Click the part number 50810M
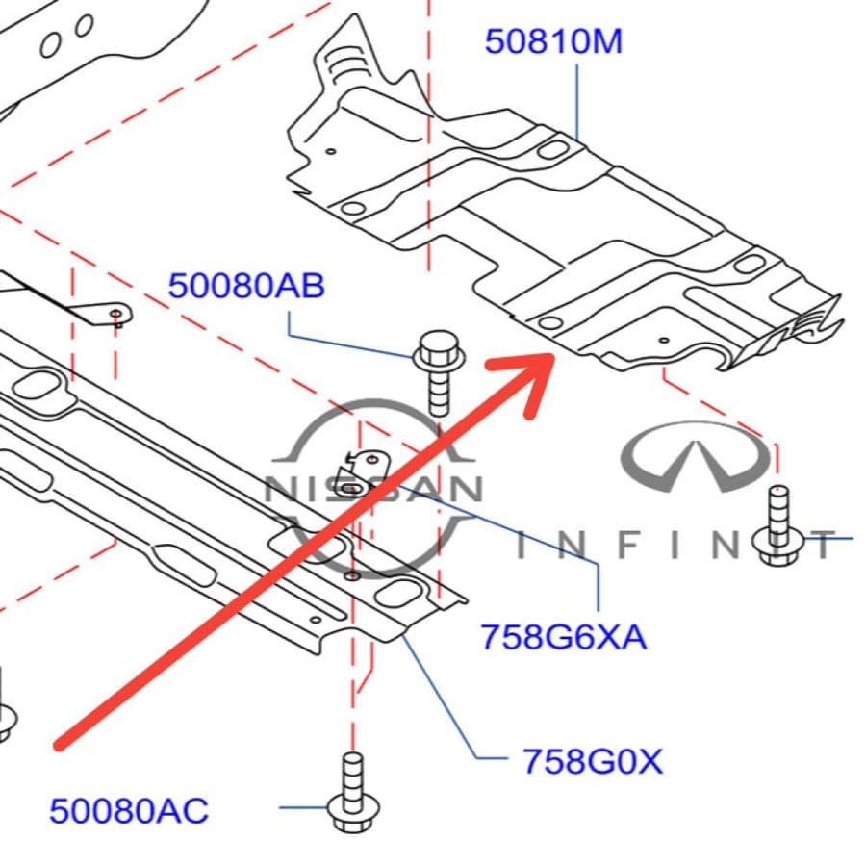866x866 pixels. tap(553, 41)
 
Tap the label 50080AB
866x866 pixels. tap(246, 286)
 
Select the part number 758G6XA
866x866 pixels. tap(563, 636)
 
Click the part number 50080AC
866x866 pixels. tap(129, 810)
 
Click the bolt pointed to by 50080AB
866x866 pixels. tap(440, 372)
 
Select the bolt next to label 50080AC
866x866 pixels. tap(353, 792)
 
